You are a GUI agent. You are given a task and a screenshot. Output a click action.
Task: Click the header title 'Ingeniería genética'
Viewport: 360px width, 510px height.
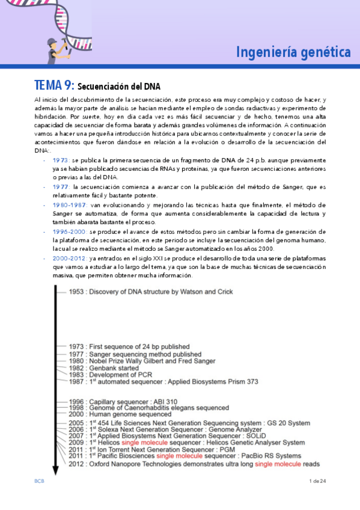click(x=293, y=52)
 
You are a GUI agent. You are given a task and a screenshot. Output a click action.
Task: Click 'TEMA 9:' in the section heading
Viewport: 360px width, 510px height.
click(x=55, y=85)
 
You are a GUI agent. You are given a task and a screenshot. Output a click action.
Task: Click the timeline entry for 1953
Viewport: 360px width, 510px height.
click(x=150, y=292)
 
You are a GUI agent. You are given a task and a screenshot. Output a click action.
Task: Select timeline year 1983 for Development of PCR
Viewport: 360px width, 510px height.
click(x=77, y=375)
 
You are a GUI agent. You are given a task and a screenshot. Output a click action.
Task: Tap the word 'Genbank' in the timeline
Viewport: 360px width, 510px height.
click(x=100, y=368)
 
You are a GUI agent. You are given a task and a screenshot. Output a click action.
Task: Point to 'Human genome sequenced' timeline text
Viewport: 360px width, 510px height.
click(x=130, y=414)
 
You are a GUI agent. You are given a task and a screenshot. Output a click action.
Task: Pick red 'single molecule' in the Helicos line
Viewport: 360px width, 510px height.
click(x=146, y=442)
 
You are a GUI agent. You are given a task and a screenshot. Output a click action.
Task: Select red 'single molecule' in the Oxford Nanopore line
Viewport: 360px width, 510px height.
click(x=280, y=464)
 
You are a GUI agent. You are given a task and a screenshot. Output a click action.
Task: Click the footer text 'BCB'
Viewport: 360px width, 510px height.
click(x=38, y=481)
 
